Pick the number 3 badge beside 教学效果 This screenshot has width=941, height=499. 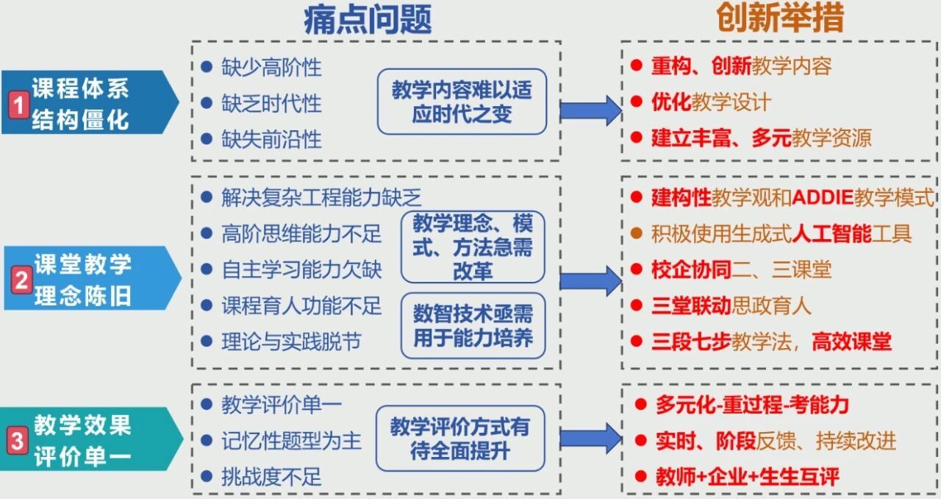pos(17,441)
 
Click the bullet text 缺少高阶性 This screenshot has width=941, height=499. pos(271,67)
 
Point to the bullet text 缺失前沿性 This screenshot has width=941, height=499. pos(271,139)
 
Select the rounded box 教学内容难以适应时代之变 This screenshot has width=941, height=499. pos(462,102)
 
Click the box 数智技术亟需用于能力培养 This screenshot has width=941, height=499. pos(472,326)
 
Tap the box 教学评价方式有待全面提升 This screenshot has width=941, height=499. pos(459,438)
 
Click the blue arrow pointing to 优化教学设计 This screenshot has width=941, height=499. pos(590,110)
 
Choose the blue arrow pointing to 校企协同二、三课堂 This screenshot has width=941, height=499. pos(590,280)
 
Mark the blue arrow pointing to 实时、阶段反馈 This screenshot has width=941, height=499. pos(590,438)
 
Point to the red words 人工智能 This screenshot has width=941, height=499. pos(831,234)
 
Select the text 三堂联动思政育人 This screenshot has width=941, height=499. pos(731,305)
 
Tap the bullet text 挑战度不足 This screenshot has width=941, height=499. pos(271,477)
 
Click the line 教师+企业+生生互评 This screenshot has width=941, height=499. pos(747,477)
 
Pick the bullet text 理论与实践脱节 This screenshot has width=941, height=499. pos(291,341)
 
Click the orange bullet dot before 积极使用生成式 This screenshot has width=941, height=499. pos(637,234)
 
